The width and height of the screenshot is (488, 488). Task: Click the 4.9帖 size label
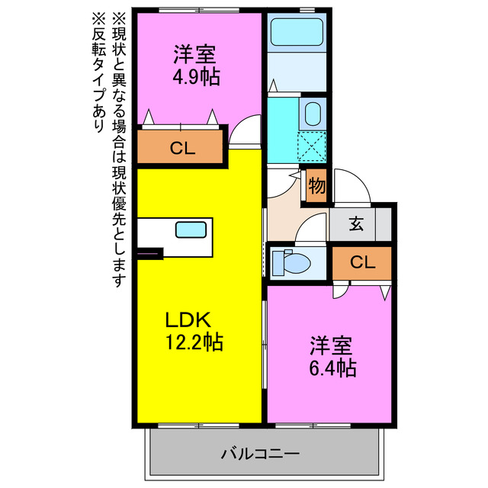194,77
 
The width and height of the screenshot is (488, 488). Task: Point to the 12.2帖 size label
195,342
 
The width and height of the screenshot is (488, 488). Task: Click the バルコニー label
261,454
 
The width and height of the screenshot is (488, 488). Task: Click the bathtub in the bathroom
298,34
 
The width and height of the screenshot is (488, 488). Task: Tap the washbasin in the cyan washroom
313,114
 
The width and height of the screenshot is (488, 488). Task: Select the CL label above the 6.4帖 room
362,262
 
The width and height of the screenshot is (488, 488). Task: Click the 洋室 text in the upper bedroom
194,55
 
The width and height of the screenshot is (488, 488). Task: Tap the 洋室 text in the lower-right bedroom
331,345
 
